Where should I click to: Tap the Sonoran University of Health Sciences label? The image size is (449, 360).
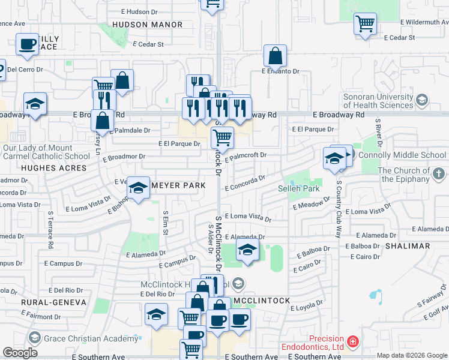click(379, 101)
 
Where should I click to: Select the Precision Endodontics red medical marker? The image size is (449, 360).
click(354, 342)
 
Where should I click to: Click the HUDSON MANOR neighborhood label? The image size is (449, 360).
click(147, 25)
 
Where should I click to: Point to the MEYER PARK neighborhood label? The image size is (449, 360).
click(178, 186)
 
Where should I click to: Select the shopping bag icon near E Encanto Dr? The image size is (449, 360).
click(275, 56)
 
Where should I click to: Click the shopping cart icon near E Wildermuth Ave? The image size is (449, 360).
click(365, 24)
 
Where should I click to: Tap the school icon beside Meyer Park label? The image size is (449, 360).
click(139, 189)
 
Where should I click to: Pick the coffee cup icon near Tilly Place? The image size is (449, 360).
click(27, 44)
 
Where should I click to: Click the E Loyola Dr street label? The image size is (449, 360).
click(306, 307)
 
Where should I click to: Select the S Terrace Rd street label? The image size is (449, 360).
click(50, 230)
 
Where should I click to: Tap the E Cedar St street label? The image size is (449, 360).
click(148, 44)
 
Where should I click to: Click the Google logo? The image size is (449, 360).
click(20, 353)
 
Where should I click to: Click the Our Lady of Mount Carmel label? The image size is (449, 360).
click(47, 152)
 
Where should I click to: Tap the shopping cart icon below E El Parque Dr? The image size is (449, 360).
click(223, 137)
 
